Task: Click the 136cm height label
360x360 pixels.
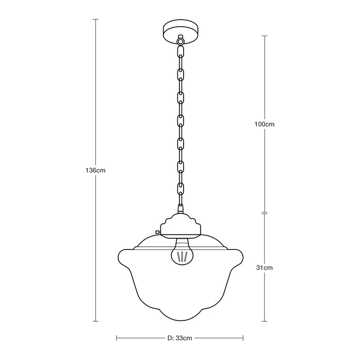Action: coord(95,170)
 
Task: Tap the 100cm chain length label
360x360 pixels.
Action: coord(265,124)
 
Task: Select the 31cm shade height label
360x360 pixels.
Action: coord(265,267)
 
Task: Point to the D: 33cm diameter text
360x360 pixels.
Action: coord(179,338)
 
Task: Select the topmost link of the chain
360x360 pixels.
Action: coord(180,51)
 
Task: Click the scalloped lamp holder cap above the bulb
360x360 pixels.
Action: coord(180,226)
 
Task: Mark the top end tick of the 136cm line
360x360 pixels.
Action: coord(95,19)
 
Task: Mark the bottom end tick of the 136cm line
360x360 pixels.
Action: coord(95,321)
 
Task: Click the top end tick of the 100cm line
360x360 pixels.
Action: coord(265,35)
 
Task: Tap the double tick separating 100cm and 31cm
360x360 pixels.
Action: coord(265,213)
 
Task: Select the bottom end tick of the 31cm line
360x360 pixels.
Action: coord(265,321)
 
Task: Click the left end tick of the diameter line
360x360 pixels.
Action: coord(117,338)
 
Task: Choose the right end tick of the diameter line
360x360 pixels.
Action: coord(243,338)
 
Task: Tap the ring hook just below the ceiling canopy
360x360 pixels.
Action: coord(180,40)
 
